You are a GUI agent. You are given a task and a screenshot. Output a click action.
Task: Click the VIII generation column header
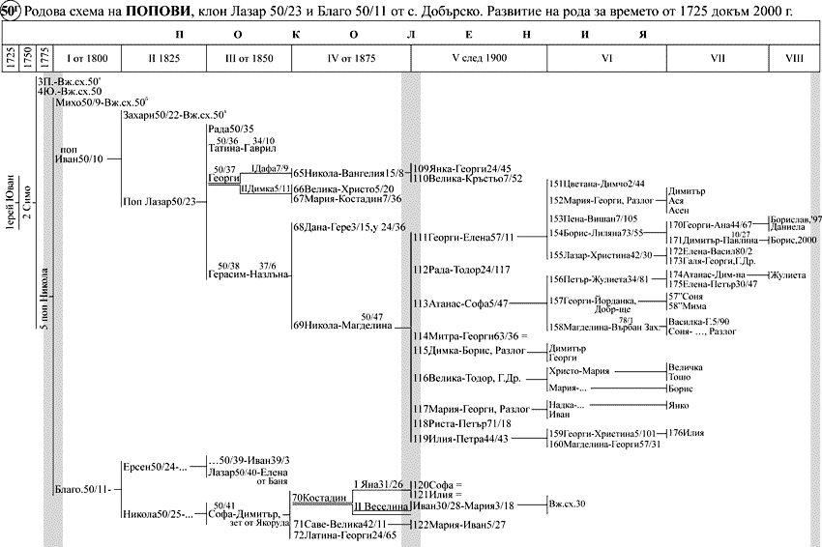tap(794, 58)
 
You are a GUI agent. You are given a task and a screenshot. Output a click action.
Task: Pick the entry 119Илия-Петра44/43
tap(459, 439)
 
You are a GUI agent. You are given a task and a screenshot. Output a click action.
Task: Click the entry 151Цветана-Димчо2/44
tap(597, 184)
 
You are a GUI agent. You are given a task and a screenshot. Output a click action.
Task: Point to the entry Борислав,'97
tap(795, 220)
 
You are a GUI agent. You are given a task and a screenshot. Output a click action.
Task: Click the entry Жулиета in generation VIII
tap(787, 275)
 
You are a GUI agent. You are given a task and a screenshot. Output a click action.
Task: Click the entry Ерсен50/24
tap(149, 467)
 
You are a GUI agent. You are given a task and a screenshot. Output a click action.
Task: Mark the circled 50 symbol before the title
tap(12, 11)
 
